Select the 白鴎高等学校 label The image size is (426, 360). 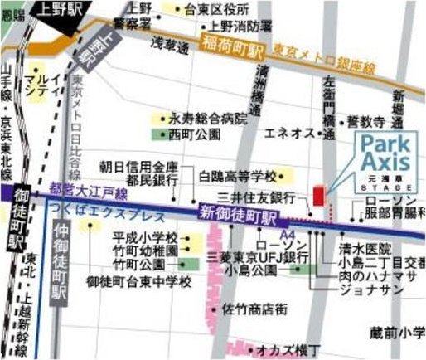pyautogui.click(x=238, y=176)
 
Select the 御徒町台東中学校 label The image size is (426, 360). pyautogui.click(x=139, y=281)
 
